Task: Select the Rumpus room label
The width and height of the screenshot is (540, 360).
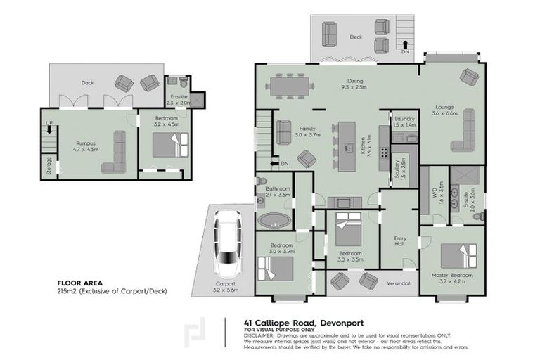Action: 86,143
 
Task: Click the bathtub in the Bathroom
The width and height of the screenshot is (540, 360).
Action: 274,219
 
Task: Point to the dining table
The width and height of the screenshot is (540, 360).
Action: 288,87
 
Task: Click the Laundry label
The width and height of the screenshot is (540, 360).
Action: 404,120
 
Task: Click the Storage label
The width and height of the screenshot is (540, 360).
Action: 49,165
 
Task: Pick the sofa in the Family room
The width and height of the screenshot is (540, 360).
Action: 283,131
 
